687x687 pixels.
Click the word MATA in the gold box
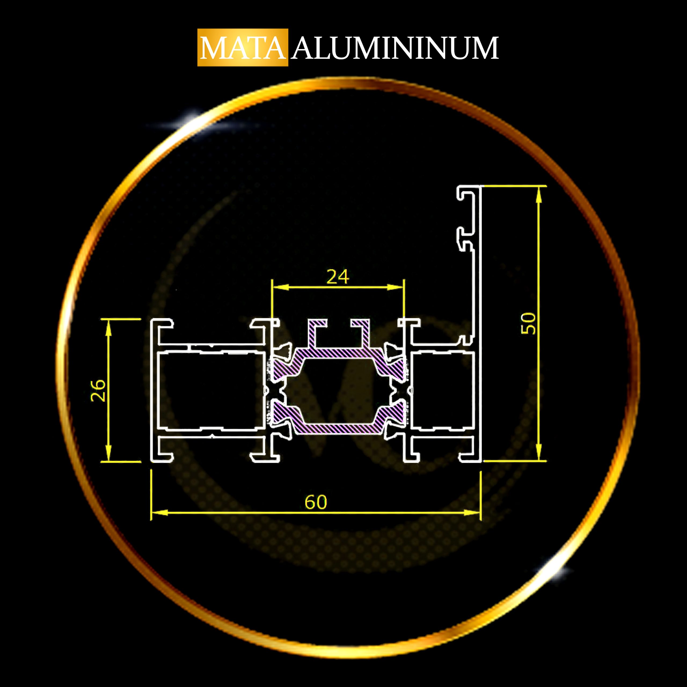[243, 48]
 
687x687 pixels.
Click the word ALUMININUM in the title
[395, 48]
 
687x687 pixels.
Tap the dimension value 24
[338, 277]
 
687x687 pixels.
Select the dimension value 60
[316, 502]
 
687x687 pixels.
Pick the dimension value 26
[98, 390]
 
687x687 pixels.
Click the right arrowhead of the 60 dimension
[472, 512]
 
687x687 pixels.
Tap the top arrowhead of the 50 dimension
[539, 195]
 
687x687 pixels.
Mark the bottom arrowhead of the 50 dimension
[539, 452]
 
